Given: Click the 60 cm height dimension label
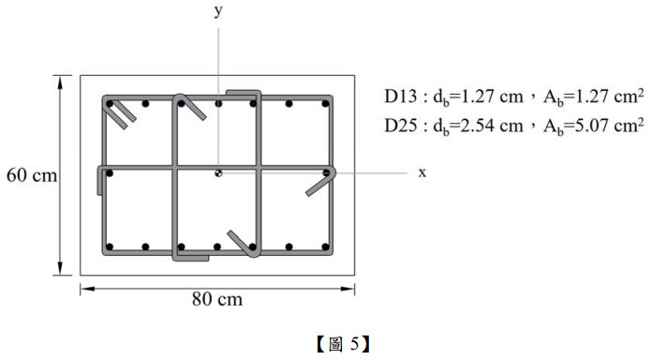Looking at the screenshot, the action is tap(32, 175).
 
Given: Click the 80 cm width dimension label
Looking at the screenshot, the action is tap(217, 299).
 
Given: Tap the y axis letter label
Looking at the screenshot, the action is tap(218, 11).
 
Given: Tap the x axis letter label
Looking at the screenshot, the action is tap(422, 172).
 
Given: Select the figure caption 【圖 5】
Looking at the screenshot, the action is tap(343, 344).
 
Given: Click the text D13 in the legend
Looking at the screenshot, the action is tap(400, 97).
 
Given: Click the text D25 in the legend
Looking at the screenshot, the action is tap(400, 126).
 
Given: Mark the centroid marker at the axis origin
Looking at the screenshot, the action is tap(218, 172).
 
